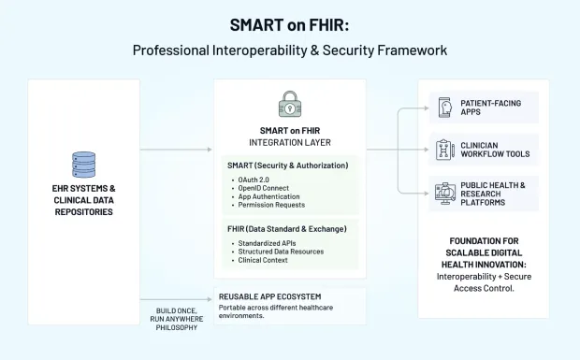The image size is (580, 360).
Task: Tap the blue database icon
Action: pos(84,165)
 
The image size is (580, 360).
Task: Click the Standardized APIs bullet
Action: pos(268,243)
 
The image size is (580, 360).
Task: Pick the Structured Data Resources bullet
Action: pos(280,252)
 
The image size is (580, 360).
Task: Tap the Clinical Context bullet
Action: pos(261,260)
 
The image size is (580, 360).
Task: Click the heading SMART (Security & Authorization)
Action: pos(287,166)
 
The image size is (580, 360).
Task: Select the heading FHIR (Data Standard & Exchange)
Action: pos(287,229)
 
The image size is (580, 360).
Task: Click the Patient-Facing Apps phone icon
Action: pos(444,108)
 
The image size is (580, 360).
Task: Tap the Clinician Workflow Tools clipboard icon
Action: pos(444,149)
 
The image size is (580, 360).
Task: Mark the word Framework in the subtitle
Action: pos(408,50)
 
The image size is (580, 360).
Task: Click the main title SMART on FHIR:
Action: pos(289,24)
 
